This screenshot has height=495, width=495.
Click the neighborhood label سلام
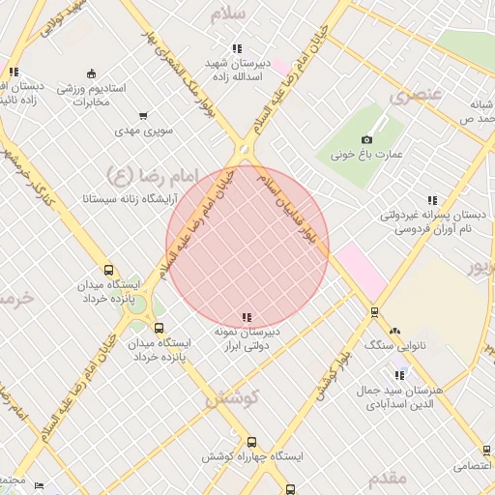pyautogui.click(x=243, y=13)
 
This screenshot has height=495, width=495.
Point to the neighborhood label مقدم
pyautogui.click(x=388, y=477)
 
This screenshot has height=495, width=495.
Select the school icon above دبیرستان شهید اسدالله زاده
pyautogui.click(x=237, y=49)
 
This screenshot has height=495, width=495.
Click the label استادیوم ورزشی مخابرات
pyautogui.click(x=91, y=95)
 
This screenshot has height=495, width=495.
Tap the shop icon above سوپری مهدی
pyautogui.click(x=144, y=116)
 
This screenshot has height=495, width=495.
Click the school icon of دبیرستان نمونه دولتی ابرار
pyautogui.click(x=247, y=317)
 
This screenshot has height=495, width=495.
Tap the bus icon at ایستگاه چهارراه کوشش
pyautogui.click(x=251, y=441)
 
